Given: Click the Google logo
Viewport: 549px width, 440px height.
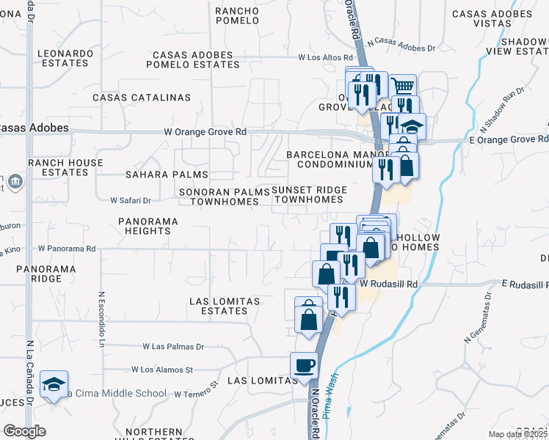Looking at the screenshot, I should (24, 431).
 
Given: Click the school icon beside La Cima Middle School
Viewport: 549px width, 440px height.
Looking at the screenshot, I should (54, 386).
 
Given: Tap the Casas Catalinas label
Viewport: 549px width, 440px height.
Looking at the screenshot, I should (142, 98).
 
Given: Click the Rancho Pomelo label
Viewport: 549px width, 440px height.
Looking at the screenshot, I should (237, 16).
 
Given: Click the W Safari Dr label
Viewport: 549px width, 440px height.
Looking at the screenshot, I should (130, 199).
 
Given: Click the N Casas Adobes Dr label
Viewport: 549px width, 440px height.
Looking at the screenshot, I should (402, 46).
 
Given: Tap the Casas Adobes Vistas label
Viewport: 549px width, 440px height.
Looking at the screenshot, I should (491, 19).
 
